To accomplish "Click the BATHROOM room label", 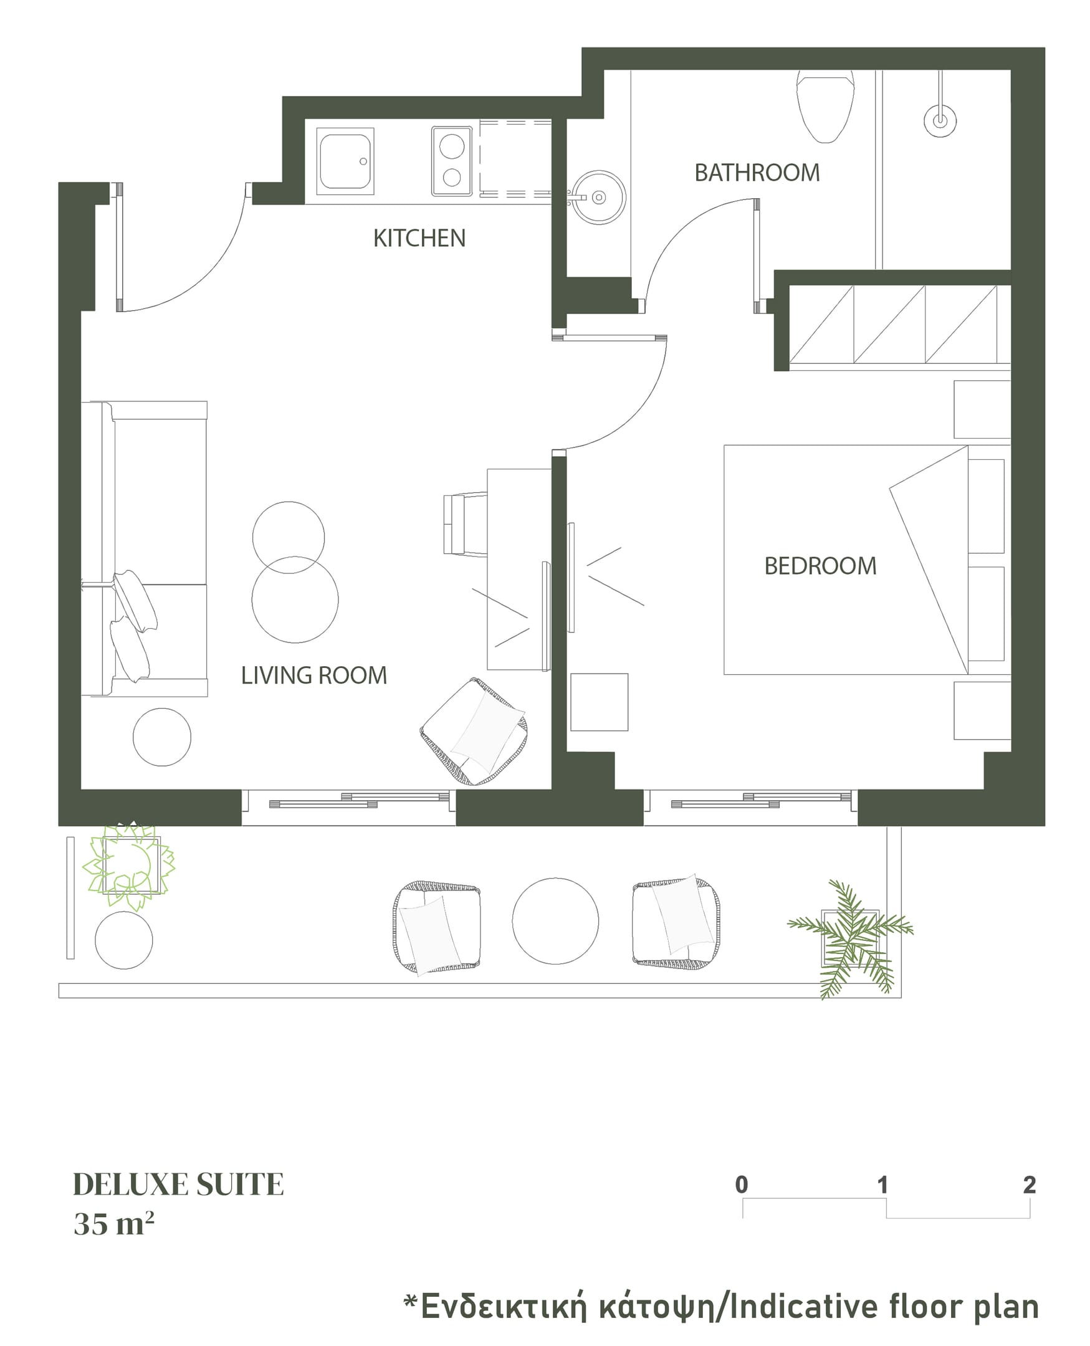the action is [757, 173].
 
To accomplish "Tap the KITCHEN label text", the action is [419, 239].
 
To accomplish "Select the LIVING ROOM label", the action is [314, 675].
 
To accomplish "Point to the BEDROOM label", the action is [820, 566].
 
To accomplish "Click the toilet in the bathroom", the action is [825, 105].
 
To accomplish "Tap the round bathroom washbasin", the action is [598, 198].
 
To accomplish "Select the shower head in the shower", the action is [940, 120].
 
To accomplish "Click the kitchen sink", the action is [345, 161].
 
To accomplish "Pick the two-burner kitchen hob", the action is [451, 161].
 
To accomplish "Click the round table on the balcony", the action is [555, 921].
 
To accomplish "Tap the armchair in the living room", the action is [474, 732].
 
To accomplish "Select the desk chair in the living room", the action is [466, 525].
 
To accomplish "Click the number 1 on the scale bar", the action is [882, 1185].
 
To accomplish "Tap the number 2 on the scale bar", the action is [1029, 1185].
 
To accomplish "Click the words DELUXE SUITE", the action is [178, 1185].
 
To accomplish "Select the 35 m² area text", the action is [113, 1224].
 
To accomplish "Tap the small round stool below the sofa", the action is [162, 737].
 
